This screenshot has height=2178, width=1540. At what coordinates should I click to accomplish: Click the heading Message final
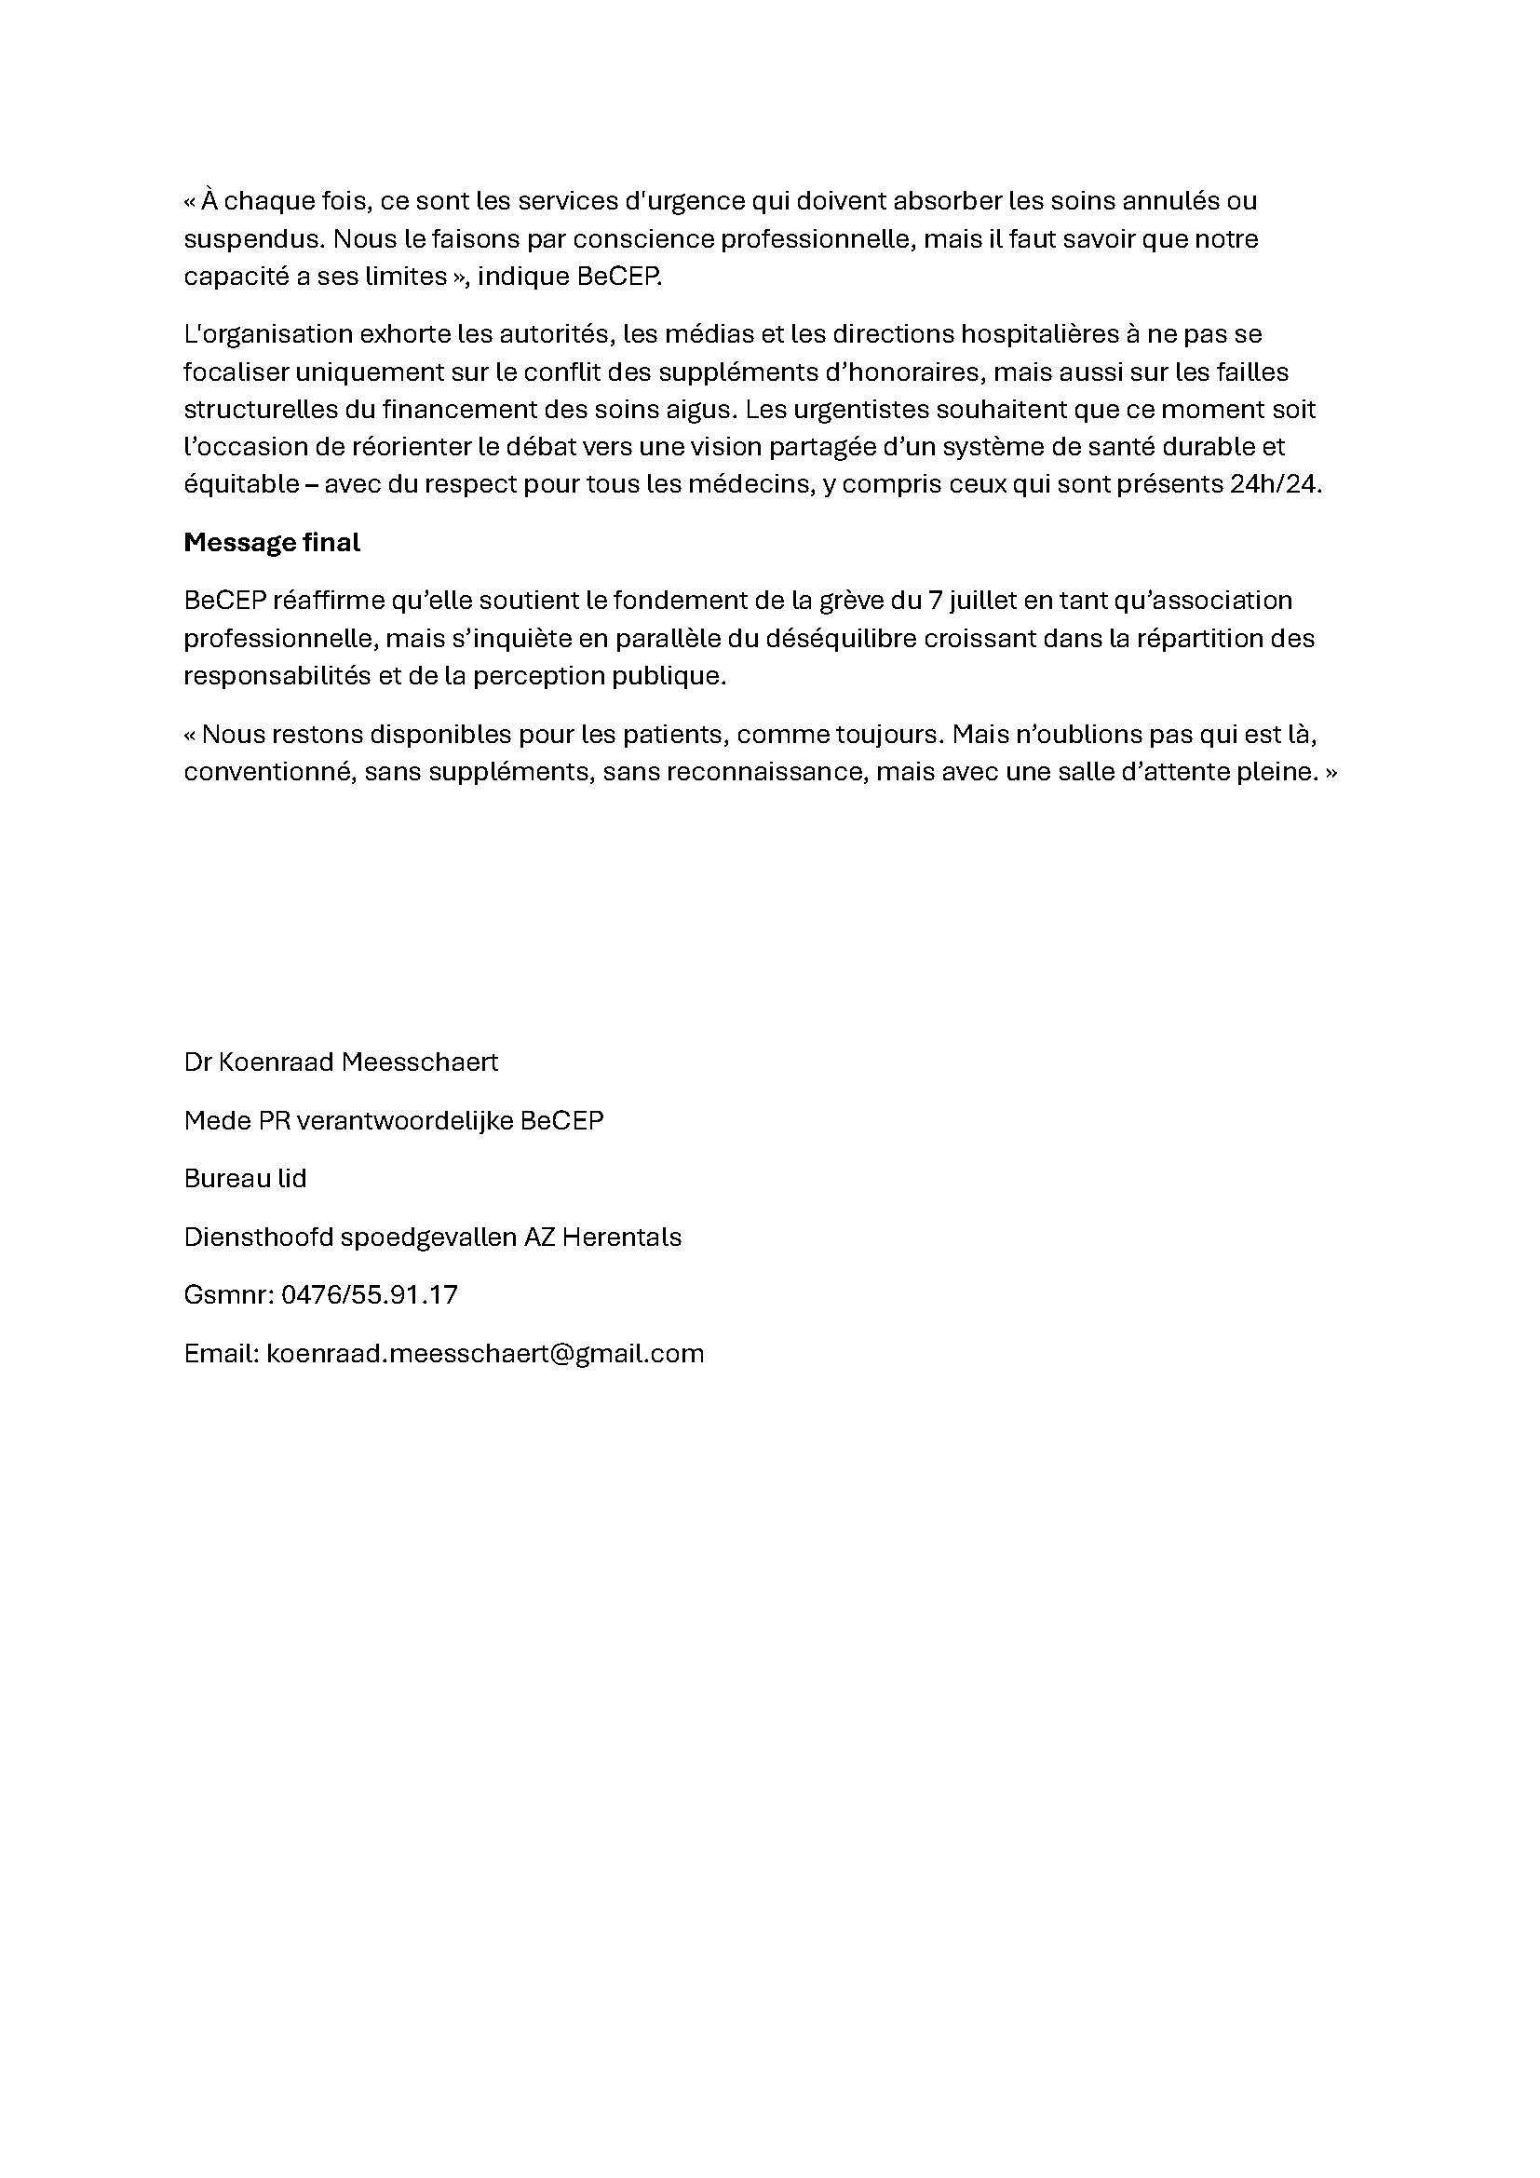tap(271, 543)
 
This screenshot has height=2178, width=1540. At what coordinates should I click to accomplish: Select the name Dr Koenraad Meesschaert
tap(341, 1062)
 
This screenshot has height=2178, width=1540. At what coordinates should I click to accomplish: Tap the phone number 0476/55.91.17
tap(369, 1295)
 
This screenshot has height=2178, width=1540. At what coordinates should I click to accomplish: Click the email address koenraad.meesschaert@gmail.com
tap(484, 1353)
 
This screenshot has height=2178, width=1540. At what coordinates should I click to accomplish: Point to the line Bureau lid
tap(245, 1178)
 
